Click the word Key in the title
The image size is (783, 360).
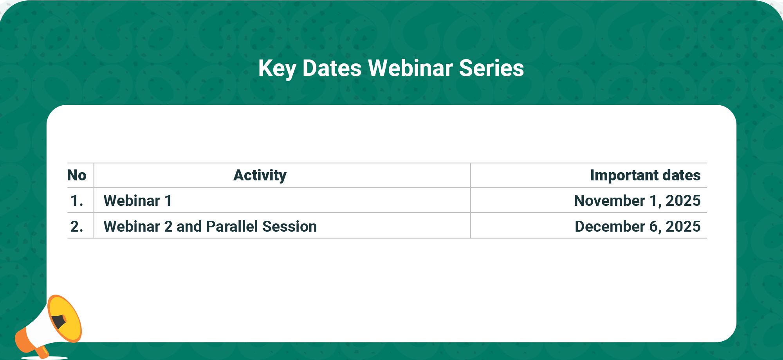[x=277, y=69]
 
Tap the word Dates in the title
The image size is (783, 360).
[x=332, y=68]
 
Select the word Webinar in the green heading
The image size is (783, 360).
[x=410, y=68]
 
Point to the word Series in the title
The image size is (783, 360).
[x=491, y=68]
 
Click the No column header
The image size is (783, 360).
[x=77, y=175]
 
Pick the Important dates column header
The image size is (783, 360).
[x=645, y=175]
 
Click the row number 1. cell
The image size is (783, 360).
[x=77, y=201]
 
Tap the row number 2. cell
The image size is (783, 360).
[x=77, y=227]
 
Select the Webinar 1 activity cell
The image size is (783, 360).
[x=137, y=201]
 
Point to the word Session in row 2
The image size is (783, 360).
[x=289, y=227]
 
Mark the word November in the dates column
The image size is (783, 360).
[x=610, y=201]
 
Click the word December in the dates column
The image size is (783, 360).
[x=610, y=227]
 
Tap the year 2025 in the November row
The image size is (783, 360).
[x=683, y=201]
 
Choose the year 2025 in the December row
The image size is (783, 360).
[x=683, y=227]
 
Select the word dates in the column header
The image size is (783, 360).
[x=681, y=175]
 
